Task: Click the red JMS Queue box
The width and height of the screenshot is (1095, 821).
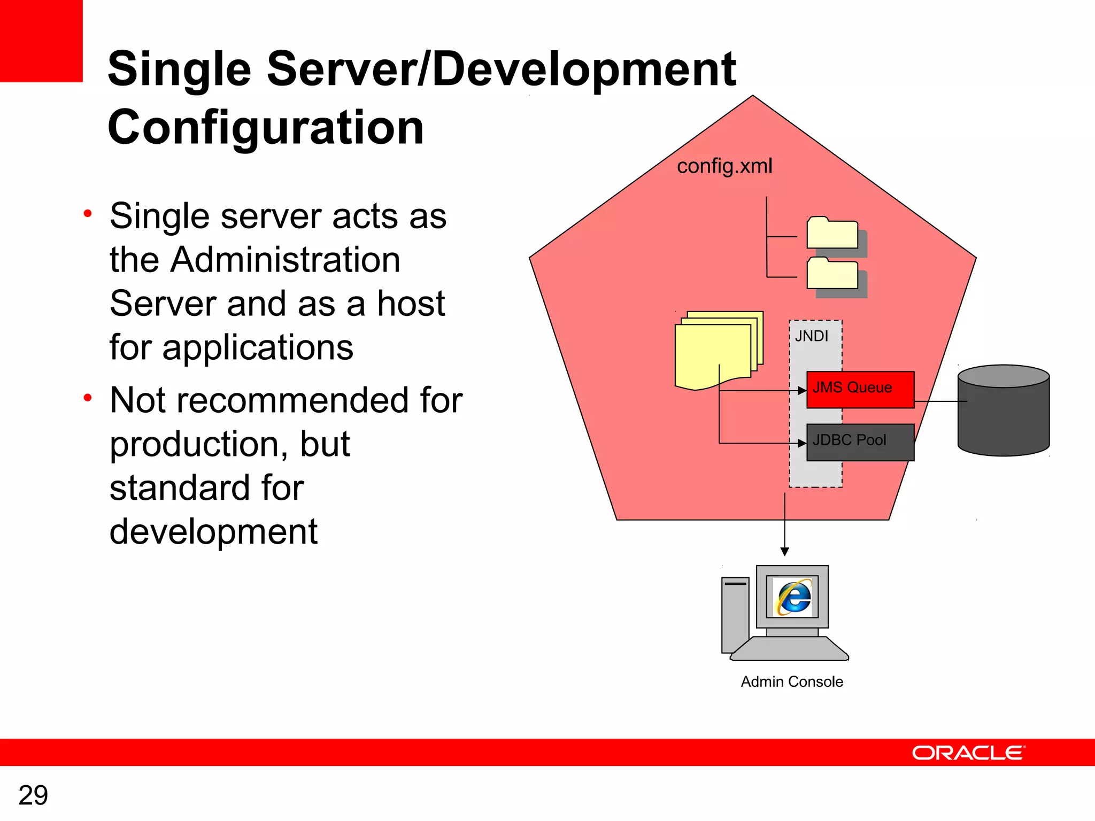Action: [x=860, y=390]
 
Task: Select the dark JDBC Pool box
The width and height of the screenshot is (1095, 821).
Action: [x=860, y=442]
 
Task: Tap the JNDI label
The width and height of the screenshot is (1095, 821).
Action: [x=811, y=336]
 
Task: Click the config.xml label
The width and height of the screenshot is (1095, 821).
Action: [x=724, y=166]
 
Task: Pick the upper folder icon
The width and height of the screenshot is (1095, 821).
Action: [x=832, y=234]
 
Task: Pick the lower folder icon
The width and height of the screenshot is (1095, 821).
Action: [x=832, y=274]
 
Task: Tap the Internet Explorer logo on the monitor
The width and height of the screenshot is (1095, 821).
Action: [x=794, y=597]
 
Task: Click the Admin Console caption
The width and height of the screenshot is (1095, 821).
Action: [x=791, y=682]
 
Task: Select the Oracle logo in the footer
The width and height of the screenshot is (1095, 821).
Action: [x=968, y=753]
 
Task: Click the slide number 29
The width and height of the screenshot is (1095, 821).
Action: [x=33, y=795]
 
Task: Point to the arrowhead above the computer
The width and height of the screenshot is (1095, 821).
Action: [x=784, y=552]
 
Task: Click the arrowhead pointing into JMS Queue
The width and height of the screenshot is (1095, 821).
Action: [x=802, y=391]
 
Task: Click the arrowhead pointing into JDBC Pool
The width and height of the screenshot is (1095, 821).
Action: [x=802, y=443]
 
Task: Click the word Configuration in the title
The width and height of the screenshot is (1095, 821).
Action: [x=266, y=127]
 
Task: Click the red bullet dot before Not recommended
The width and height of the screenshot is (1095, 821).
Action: [x=88, y=398]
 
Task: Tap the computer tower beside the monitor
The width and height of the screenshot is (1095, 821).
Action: [x=735, y=615]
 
